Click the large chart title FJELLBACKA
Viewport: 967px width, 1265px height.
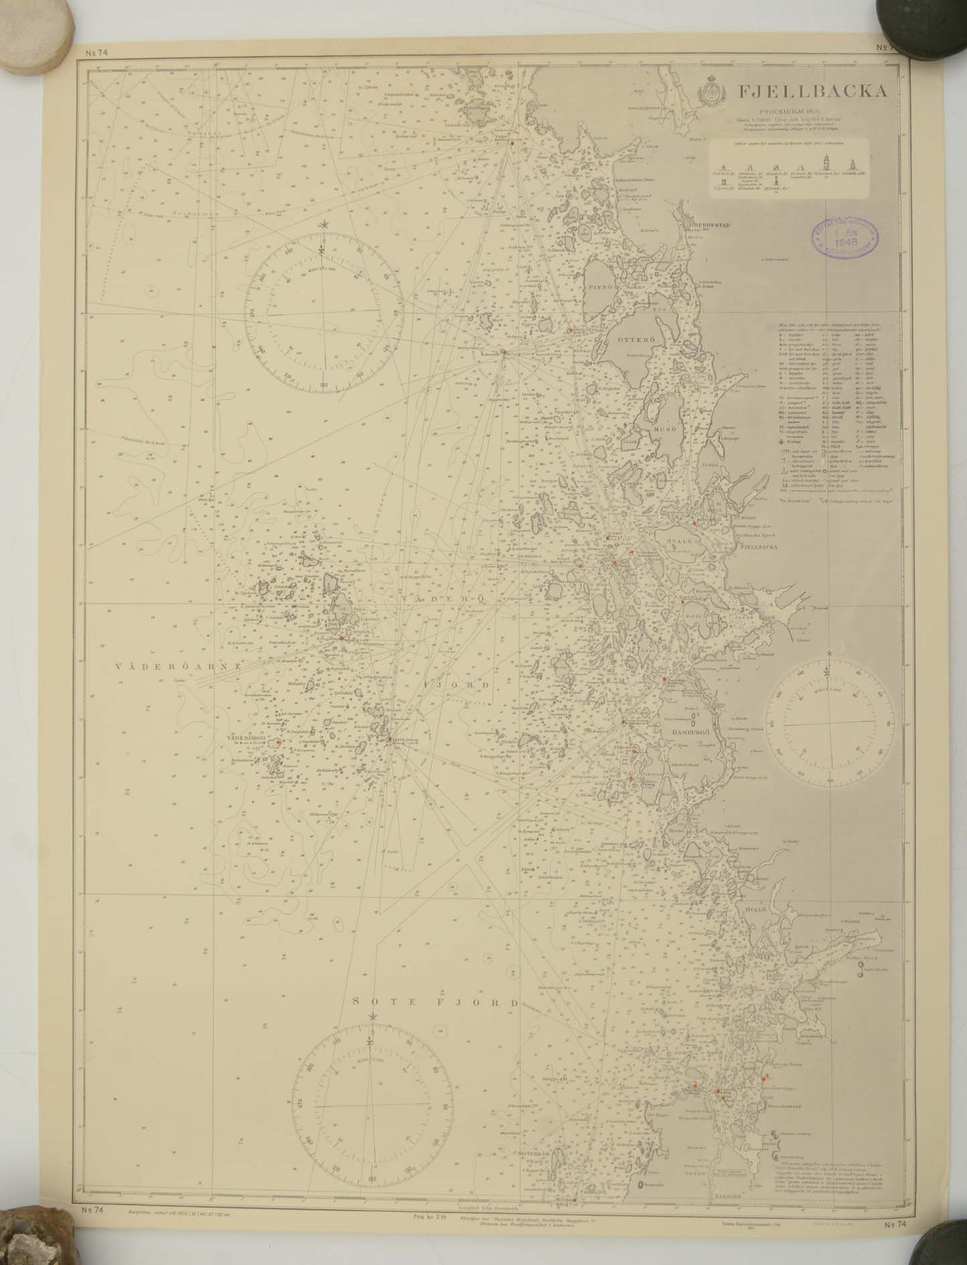click(x=813, y=92)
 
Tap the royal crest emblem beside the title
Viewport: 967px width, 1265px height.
click(x=713, y=94)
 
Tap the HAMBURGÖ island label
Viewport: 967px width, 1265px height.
click(x=694, y=733)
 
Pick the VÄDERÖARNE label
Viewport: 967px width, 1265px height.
click(x=177, y=666)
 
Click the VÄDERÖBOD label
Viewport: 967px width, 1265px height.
click(x=247, y=739)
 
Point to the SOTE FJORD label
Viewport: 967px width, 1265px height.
click(x=435, y=1002)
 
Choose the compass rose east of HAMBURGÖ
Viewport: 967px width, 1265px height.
click(x=830, y=724)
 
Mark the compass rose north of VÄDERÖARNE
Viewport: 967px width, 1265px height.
click(x=323, y=309)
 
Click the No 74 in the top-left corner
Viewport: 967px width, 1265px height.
click(x=97, y=52)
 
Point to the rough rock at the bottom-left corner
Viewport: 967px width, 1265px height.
click(x=33, y=1239)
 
